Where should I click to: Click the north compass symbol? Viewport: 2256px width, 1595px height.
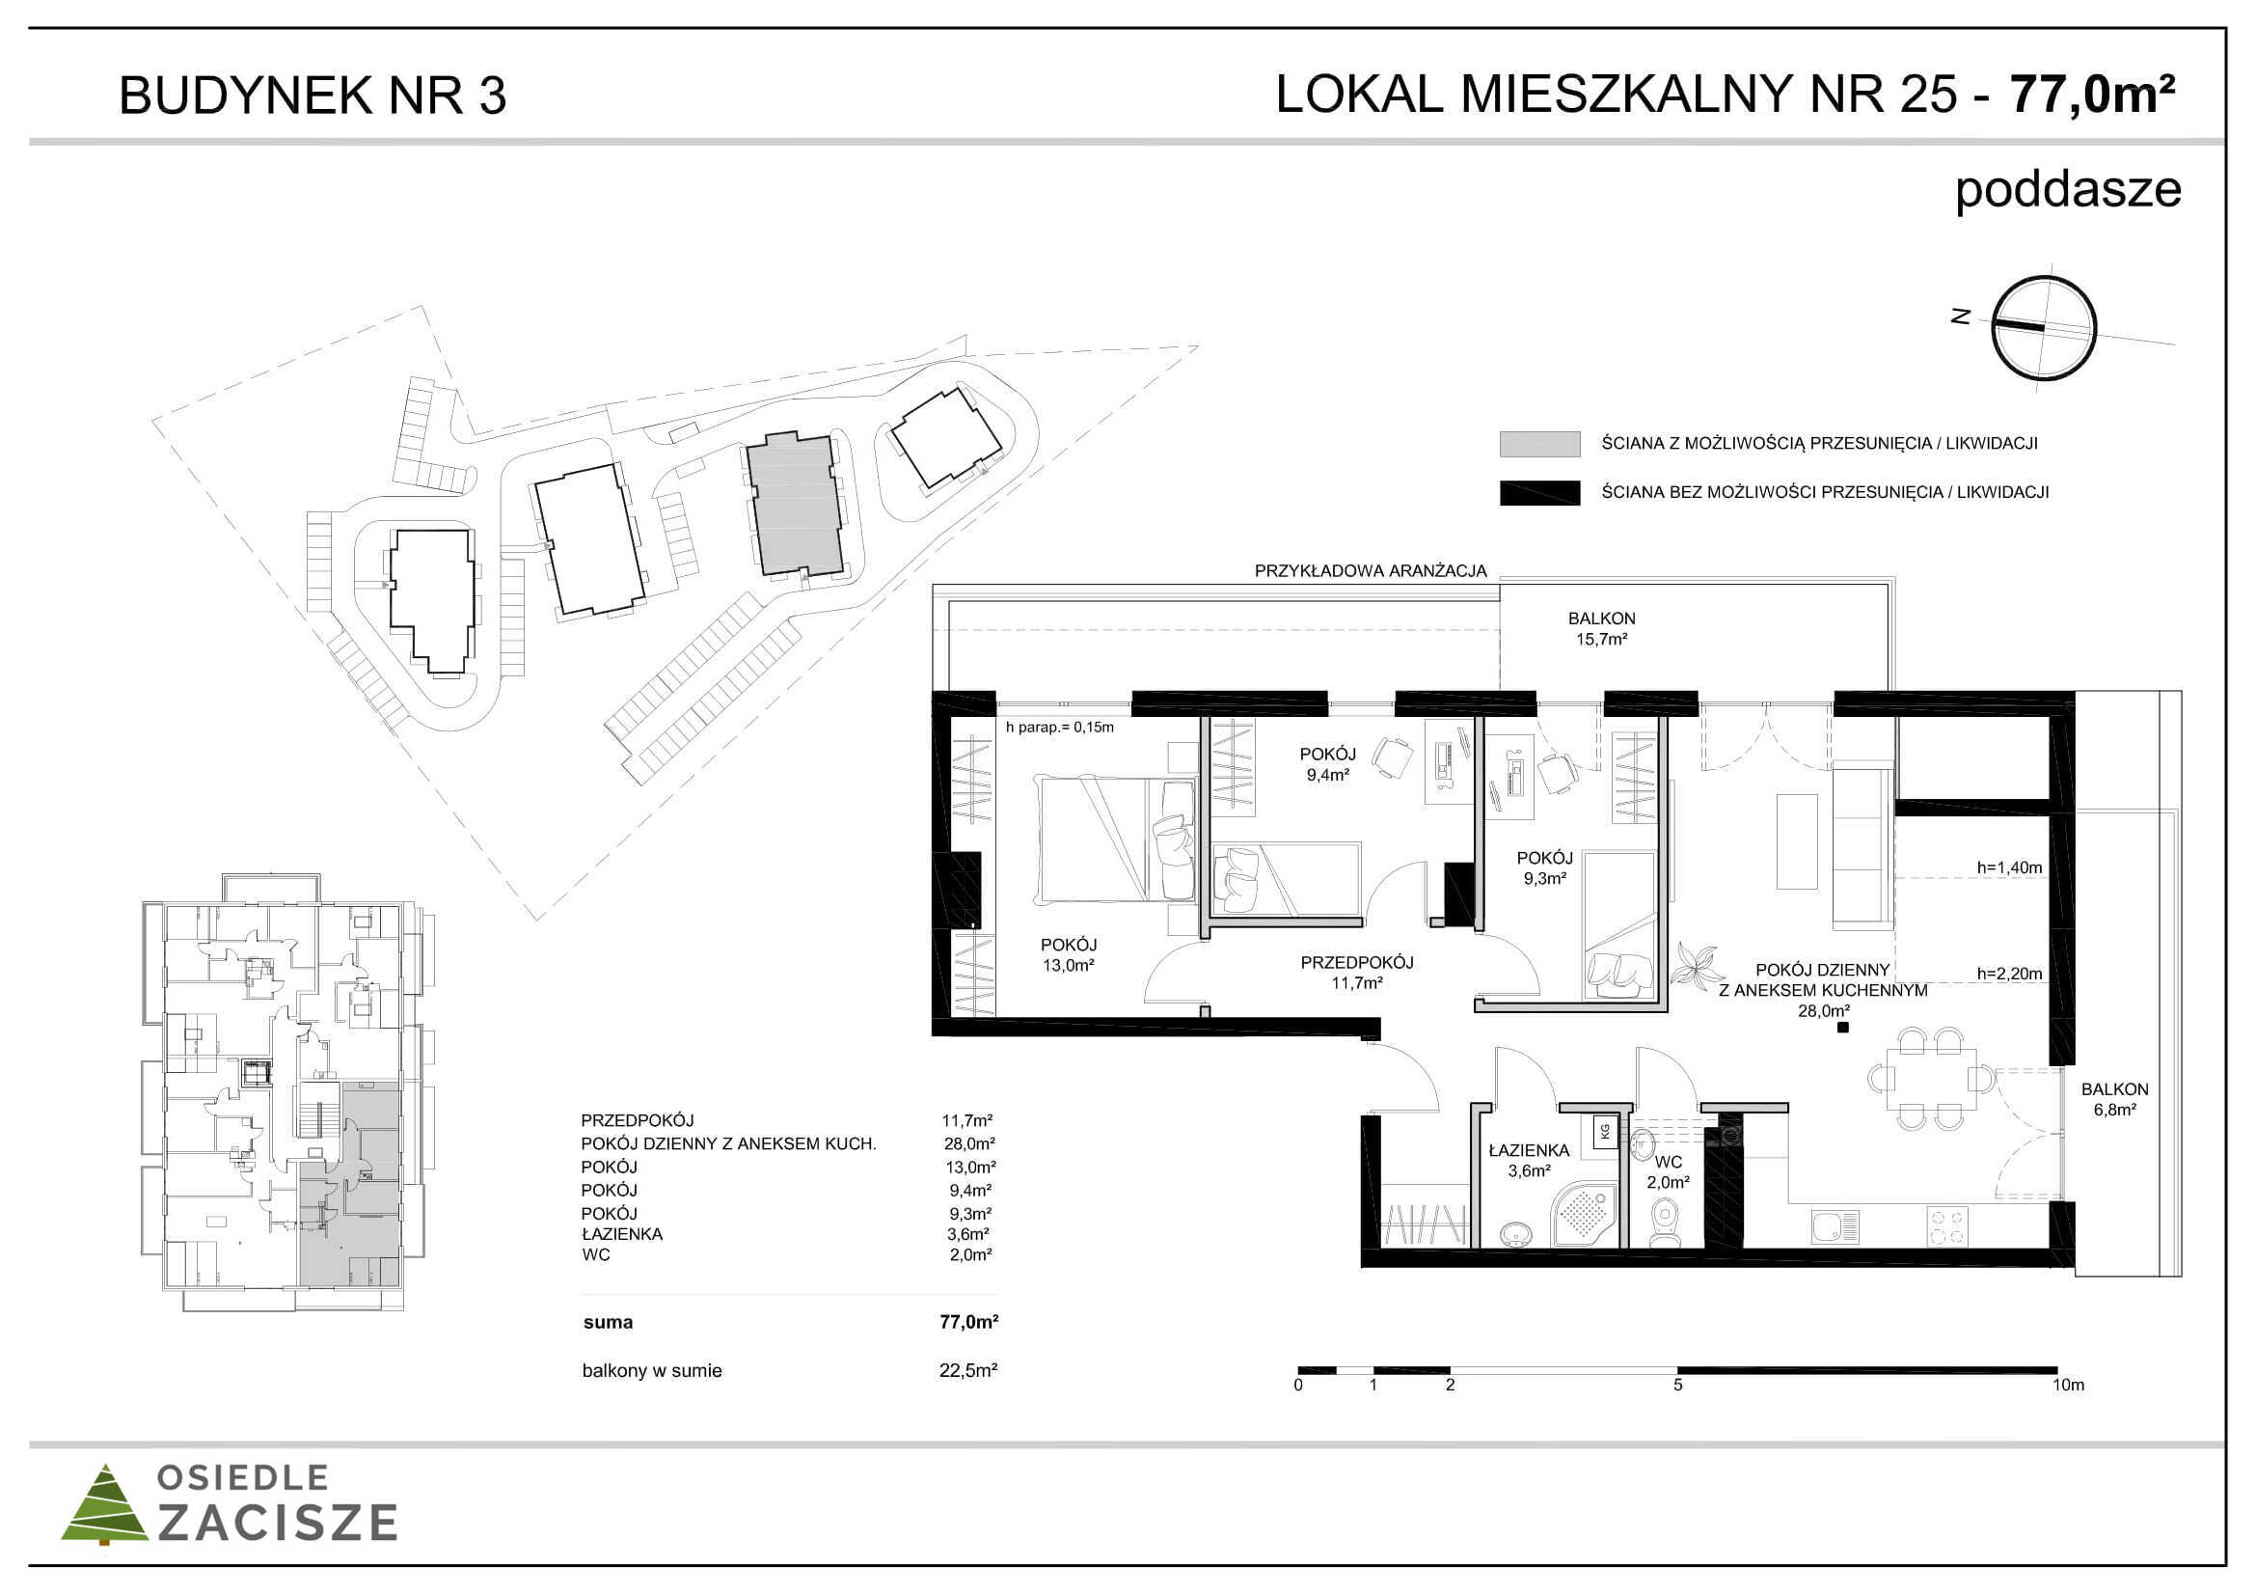(2044, 328)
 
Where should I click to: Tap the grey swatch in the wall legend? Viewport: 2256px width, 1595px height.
(1539, 444)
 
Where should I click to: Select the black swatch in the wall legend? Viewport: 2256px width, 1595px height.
(1539, 492)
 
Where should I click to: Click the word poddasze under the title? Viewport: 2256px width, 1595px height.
(2067, 190)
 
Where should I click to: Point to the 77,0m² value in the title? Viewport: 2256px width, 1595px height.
(2092, 95)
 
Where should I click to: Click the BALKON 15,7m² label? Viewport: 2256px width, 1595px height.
(1602, 629)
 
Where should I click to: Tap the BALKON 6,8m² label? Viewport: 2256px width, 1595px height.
(2114, 1100)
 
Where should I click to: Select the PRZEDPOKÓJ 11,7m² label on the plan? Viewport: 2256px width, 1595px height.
(1357, 972)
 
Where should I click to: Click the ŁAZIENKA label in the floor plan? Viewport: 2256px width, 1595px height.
(1529, 1150)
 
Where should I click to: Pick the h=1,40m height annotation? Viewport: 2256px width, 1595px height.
(2009, 867)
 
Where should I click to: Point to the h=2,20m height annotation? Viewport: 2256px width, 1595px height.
(2009, 974)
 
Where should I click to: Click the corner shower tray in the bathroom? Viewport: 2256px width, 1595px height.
(1583, 1215)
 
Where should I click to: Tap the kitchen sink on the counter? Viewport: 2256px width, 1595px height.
(1835, 1226)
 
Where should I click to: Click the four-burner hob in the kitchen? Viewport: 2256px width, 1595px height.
(1946, 1226)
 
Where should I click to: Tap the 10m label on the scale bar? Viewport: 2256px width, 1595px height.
(2068, 1385)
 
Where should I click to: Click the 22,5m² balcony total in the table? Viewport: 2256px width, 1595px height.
(967, 1370)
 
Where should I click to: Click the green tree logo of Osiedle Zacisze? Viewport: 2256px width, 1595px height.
(104, 1504)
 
